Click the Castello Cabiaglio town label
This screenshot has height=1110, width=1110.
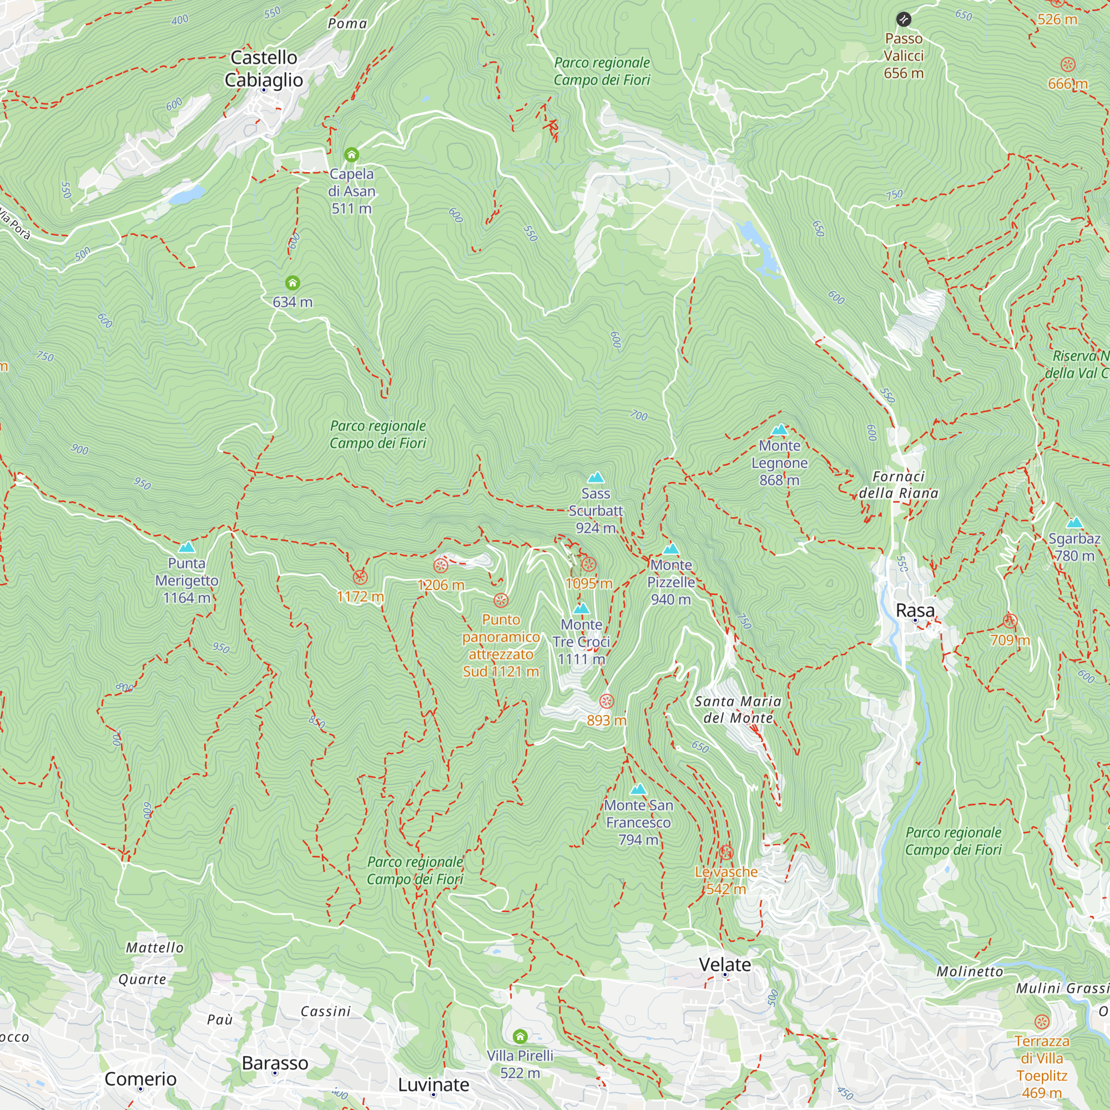(264, 68)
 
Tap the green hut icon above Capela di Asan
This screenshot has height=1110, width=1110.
(352, 154)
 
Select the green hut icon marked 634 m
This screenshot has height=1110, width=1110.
(292, 282)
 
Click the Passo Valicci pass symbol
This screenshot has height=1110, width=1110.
(903, 19)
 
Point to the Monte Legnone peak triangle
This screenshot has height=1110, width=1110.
(780, 430)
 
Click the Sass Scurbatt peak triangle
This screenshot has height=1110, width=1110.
(596, 477)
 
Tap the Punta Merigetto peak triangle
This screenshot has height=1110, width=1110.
(186, 548)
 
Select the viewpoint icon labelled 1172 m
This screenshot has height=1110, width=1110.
(360, 577)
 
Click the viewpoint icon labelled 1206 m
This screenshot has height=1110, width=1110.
(441, 566)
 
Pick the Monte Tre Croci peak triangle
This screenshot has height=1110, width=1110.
(582, 608)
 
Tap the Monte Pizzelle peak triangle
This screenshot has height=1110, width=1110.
(670, 549)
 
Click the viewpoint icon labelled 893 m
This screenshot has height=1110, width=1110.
(607, 701)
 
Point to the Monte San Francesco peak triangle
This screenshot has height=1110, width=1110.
(638, 789)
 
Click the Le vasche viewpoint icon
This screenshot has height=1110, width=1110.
(726, 852)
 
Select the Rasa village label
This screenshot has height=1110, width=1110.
(915, 610)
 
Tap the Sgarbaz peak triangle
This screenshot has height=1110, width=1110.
(1074, 523)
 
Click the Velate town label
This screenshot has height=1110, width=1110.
(724, 965)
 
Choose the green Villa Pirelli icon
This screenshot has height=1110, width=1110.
(520, 1036)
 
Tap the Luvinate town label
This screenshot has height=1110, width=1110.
(433, 1084)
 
